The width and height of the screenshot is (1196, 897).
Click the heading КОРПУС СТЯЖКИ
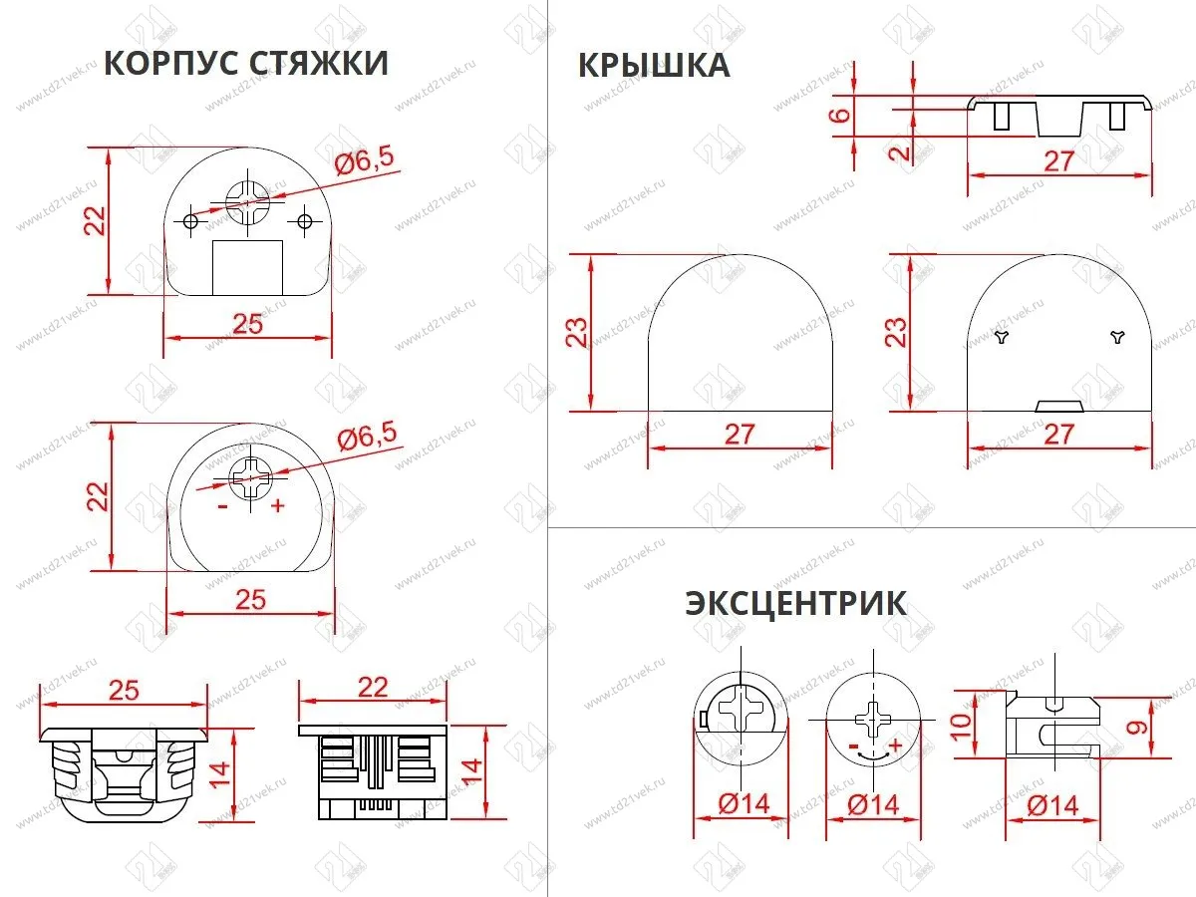246,63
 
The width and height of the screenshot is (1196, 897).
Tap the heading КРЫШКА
654,66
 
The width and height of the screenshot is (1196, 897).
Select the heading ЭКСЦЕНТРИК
795,604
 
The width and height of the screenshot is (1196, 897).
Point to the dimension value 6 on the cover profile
842,115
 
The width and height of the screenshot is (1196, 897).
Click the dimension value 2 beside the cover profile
899,151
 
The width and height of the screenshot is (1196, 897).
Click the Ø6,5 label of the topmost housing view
364,160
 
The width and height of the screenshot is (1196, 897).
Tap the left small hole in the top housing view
190,220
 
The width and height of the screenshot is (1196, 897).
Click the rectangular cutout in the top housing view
248,266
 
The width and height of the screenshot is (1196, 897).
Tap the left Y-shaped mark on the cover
1002,338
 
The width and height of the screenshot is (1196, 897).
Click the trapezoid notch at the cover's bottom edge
1060,405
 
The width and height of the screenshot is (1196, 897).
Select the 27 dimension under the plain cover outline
741,435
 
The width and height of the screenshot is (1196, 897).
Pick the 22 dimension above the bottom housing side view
373,689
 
